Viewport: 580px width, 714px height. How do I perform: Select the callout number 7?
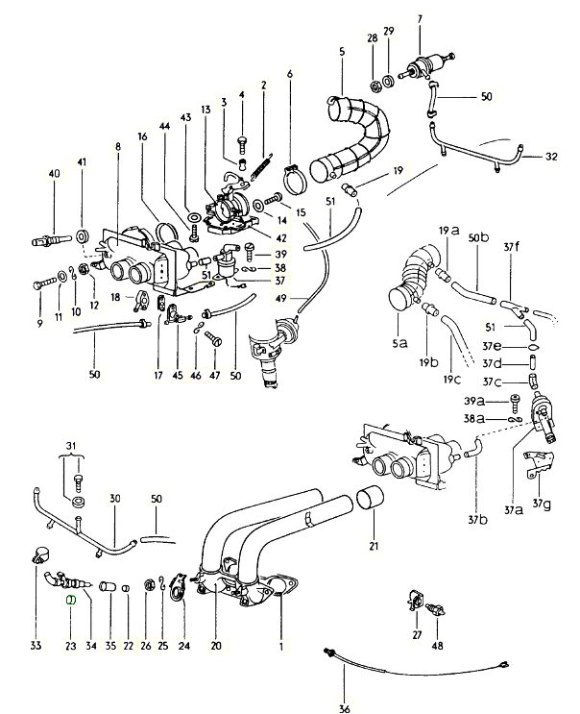[x=421, y=19]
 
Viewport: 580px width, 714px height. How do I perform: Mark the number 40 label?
[x=54, y=174]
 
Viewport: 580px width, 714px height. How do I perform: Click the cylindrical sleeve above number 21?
[x=371, y=503]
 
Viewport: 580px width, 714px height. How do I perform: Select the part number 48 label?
[x=437, y=646]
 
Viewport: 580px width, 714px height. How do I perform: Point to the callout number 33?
[x=36, y=646]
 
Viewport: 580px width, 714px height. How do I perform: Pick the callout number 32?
[x=550, y=156]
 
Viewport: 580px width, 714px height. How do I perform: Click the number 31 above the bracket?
[x=71, y=444]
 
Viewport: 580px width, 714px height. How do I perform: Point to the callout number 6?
[x=290, y=75]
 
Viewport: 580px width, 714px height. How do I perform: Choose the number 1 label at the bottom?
[x=281, y=646]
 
